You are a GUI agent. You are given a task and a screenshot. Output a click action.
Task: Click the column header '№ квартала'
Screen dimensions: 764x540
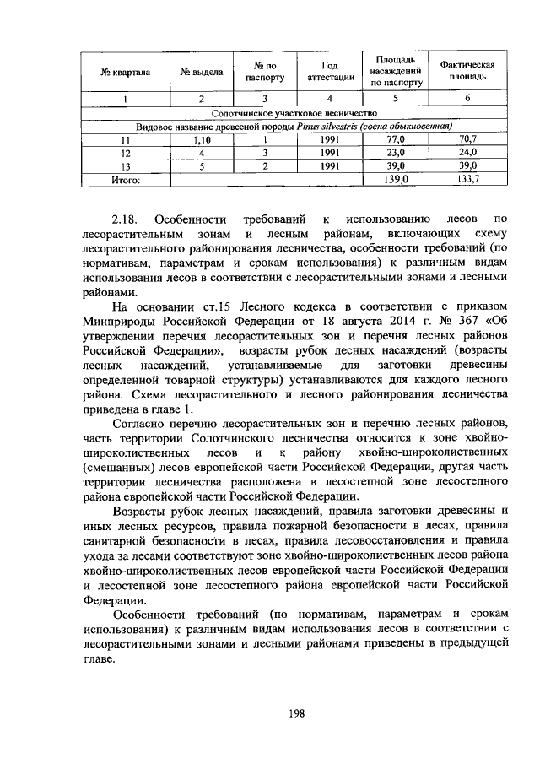(x=126, y=72)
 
